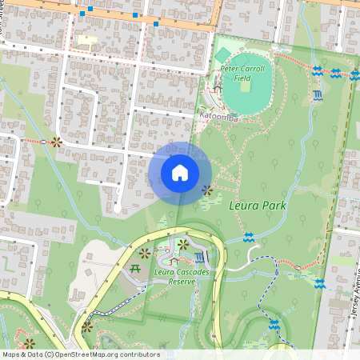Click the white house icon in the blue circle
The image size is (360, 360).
tap(180, 173)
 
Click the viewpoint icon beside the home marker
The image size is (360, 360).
tap(207, 190)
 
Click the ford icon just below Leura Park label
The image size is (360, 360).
tap(249, 238)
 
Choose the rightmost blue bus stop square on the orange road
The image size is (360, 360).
tap(155, 24)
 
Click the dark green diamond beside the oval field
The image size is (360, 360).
tap(222, 54)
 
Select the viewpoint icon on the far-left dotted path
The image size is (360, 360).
tap(55, 142)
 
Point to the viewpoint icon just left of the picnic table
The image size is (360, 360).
tap(145, 253)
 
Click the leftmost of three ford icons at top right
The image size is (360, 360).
tap(318, 71)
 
